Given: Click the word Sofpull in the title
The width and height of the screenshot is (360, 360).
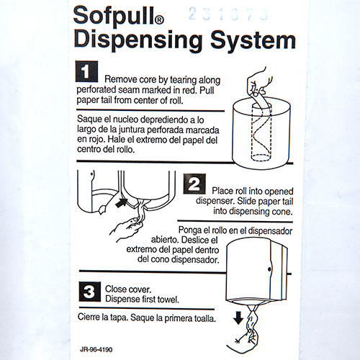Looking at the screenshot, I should (117, 16).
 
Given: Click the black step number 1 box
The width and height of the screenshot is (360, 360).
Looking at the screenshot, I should (86, 73).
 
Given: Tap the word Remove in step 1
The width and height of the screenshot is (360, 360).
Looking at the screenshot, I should (122, 78).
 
